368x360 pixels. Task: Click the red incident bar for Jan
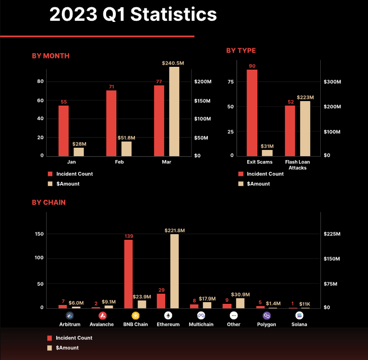(63, 130)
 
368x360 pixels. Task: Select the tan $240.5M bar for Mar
(174, 111)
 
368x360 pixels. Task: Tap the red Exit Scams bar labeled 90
(252, 112)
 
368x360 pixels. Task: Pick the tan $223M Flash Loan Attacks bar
(305, 128)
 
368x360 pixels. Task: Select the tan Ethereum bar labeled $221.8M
(174, 271)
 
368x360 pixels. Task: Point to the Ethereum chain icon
(167, 316)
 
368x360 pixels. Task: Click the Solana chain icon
(299, 316)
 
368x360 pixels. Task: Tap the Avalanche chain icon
(102, 316)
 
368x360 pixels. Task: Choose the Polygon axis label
(266, 325)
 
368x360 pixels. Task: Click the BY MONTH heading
(51, 56)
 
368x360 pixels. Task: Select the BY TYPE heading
(241, 51)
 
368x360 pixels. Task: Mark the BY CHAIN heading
(49, 202)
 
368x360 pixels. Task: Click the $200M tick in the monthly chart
(202, 82)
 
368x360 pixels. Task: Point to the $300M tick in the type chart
(333, 82)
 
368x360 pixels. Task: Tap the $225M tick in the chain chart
(333, 234)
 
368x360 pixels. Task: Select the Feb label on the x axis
(119, 162)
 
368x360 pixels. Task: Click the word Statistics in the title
(174, 15)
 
